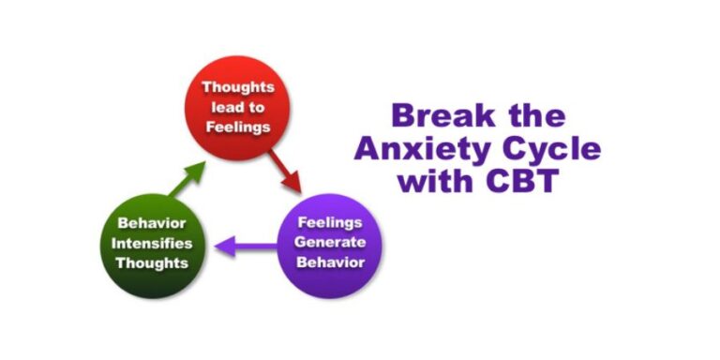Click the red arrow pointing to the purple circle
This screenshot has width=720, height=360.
pyautogui.click(x=285, y=172)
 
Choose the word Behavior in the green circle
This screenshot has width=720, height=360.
pyautogui.click(x=151, y=224)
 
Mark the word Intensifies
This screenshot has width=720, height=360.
pyautogui.click(x=151, y=243)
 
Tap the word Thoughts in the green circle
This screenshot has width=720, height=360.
pyautogui.click(x=151, y=262)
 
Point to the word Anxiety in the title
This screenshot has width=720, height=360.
pyautogui.click(x=440, y=148)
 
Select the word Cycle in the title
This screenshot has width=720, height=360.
pyautogui.click(x=552, y=148)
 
